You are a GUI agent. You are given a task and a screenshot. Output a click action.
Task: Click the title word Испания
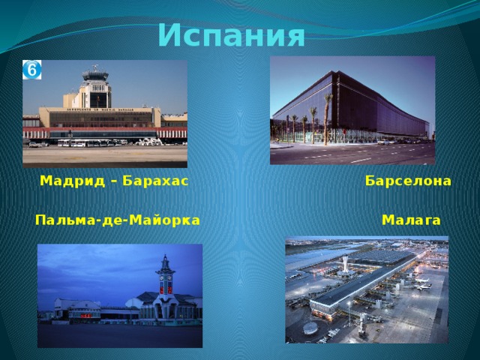(232, 35)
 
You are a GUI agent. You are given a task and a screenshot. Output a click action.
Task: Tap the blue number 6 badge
(32, 70)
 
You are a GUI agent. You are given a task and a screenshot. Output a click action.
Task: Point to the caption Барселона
(408, 181)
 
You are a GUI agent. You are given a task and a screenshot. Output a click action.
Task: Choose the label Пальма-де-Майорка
(118, 220)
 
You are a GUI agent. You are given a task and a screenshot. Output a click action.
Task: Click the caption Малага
(411, 220)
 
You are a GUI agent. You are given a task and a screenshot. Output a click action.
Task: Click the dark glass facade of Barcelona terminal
(375, 105)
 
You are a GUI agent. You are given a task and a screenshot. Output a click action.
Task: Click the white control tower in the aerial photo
(345, 264)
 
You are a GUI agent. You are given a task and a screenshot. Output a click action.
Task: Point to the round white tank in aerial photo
(310, 328)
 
